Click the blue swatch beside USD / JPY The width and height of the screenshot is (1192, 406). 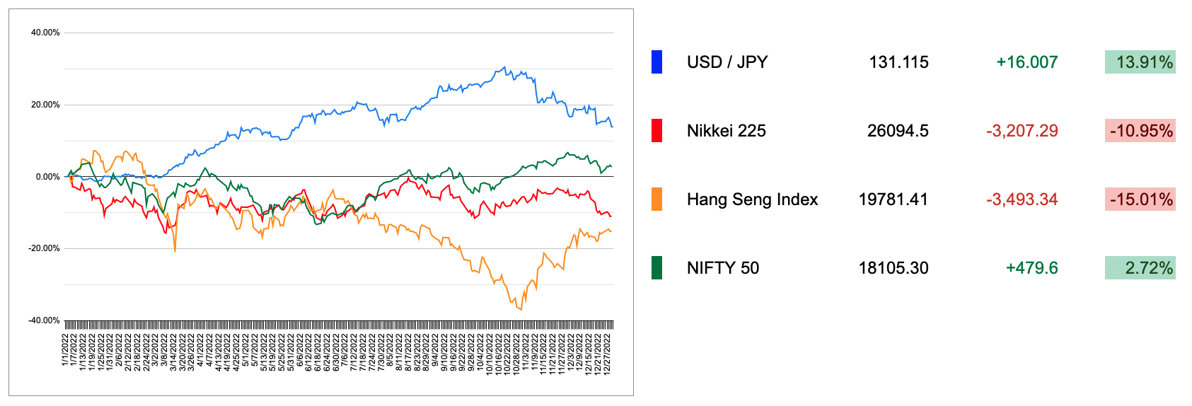point(656,62)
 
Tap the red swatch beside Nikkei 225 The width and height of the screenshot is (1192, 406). point(656,131)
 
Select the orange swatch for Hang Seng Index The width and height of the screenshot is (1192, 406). point(656,199)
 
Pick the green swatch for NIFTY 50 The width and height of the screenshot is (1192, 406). point(656,268)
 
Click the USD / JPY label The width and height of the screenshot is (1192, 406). point(727,62)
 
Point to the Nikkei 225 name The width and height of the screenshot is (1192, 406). point(726,131)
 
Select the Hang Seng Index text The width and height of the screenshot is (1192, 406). point(752,199)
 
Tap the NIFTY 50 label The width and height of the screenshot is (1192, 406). point(722,268)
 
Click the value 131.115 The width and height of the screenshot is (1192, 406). point(898,62)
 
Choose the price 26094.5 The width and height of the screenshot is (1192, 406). point(898,131)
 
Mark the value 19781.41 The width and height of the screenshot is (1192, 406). point(893,199)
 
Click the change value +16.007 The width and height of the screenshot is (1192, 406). point(1026,62)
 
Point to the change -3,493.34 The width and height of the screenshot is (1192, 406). point(1022,199)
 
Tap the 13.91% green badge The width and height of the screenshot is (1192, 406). point(1140,62)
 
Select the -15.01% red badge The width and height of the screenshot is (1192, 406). point(1140,199)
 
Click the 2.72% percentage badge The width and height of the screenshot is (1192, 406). point(1140,268)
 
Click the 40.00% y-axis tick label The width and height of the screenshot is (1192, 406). point(45,33)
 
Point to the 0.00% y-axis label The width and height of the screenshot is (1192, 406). point(47,177)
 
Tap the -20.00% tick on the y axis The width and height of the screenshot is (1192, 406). point(44,248)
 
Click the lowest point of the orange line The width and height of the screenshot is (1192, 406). point(521,310)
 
